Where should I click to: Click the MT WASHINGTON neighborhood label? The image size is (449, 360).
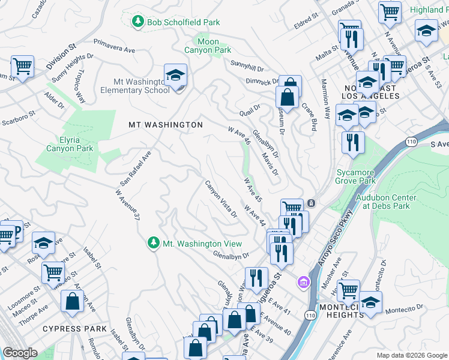click(x=166, y=125)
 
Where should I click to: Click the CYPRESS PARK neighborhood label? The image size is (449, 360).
click(x=75, y=329)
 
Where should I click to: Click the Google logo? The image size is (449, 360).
click(x=20, y=353)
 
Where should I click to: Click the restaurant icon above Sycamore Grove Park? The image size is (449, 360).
click(x=352, y=143)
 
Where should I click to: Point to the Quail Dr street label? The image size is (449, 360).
click(x=249, y=109)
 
